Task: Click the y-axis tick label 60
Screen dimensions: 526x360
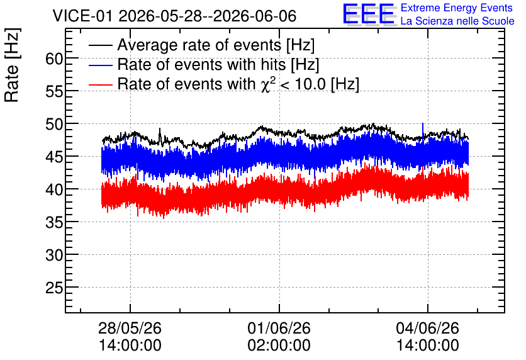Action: [54, 59]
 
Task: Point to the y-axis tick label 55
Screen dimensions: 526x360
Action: [54, 91]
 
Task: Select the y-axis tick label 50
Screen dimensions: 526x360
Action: [54, 125]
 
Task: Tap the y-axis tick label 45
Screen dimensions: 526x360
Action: [54, 157]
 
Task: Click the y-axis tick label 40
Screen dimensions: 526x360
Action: [54, 190]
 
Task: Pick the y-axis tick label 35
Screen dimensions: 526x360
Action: [54, 222]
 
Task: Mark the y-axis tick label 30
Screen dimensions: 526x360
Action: [54, 256]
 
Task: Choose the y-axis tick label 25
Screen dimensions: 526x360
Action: [54, 288]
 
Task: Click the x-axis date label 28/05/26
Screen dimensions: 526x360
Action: [130, 328]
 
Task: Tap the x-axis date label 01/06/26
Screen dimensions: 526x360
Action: [279, 328]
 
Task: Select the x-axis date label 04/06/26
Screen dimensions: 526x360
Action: [428, 328]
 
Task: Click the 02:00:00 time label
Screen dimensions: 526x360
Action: [279, 345]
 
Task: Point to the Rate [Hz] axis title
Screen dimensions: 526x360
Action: [12, 65]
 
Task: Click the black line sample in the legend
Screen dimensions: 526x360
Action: [100, 45]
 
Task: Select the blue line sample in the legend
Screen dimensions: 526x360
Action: [100, 65]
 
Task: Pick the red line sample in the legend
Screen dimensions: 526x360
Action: [100, 84]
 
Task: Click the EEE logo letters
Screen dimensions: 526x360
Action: [369, 14]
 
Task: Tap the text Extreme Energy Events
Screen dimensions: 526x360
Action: [457, 8]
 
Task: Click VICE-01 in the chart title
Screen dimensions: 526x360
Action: [82, 16]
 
